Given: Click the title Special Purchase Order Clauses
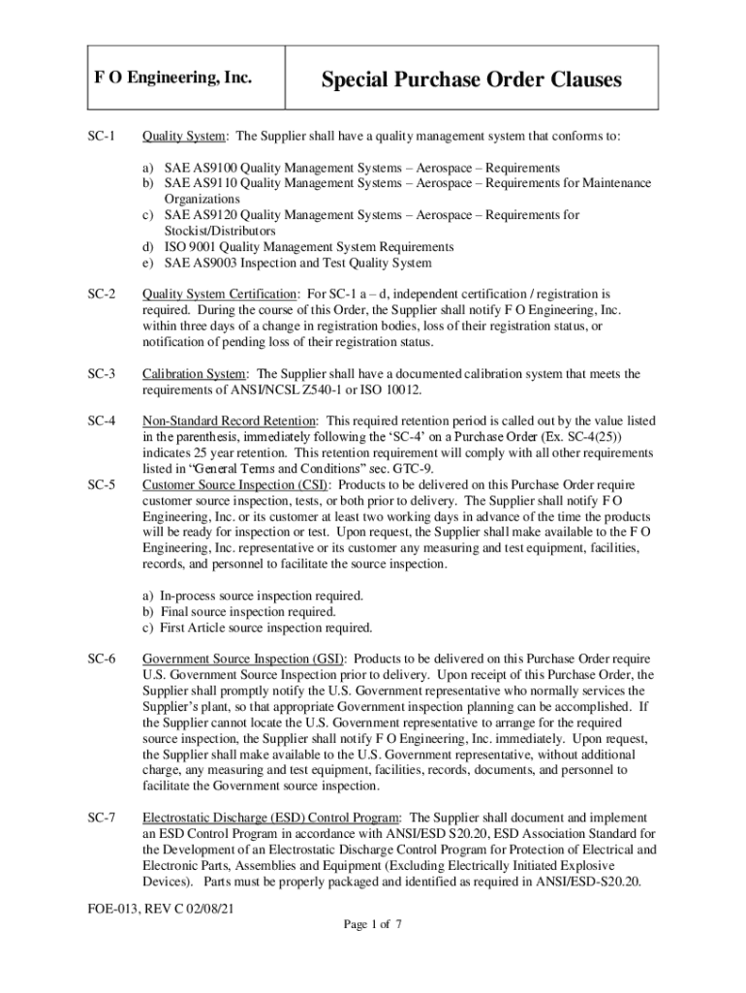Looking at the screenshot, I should pos(471,80).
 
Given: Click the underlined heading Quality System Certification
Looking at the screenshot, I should pos(220,294).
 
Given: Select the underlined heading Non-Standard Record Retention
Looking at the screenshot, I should pos(230,421).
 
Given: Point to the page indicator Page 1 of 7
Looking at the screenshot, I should pos(373,924).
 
